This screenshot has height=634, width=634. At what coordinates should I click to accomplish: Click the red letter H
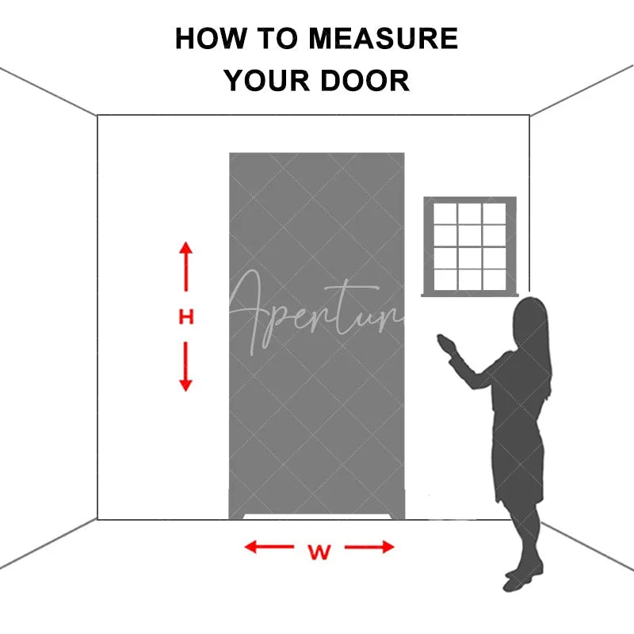tap(185, 318)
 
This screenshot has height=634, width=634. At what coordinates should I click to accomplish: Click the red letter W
tap(319, 552)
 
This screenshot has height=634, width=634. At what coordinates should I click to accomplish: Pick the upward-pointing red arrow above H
tap(185, 265)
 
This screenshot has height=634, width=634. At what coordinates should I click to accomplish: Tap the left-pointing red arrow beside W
tap(268, 547)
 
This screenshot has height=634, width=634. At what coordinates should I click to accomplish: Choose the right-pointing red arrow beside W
tap(370, 547)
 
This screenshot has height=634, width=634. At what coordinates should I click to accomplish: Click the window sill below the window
tap(470, 294)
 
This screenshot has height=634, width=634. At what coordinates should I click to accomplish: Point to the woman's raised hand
tap(446, 343)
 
